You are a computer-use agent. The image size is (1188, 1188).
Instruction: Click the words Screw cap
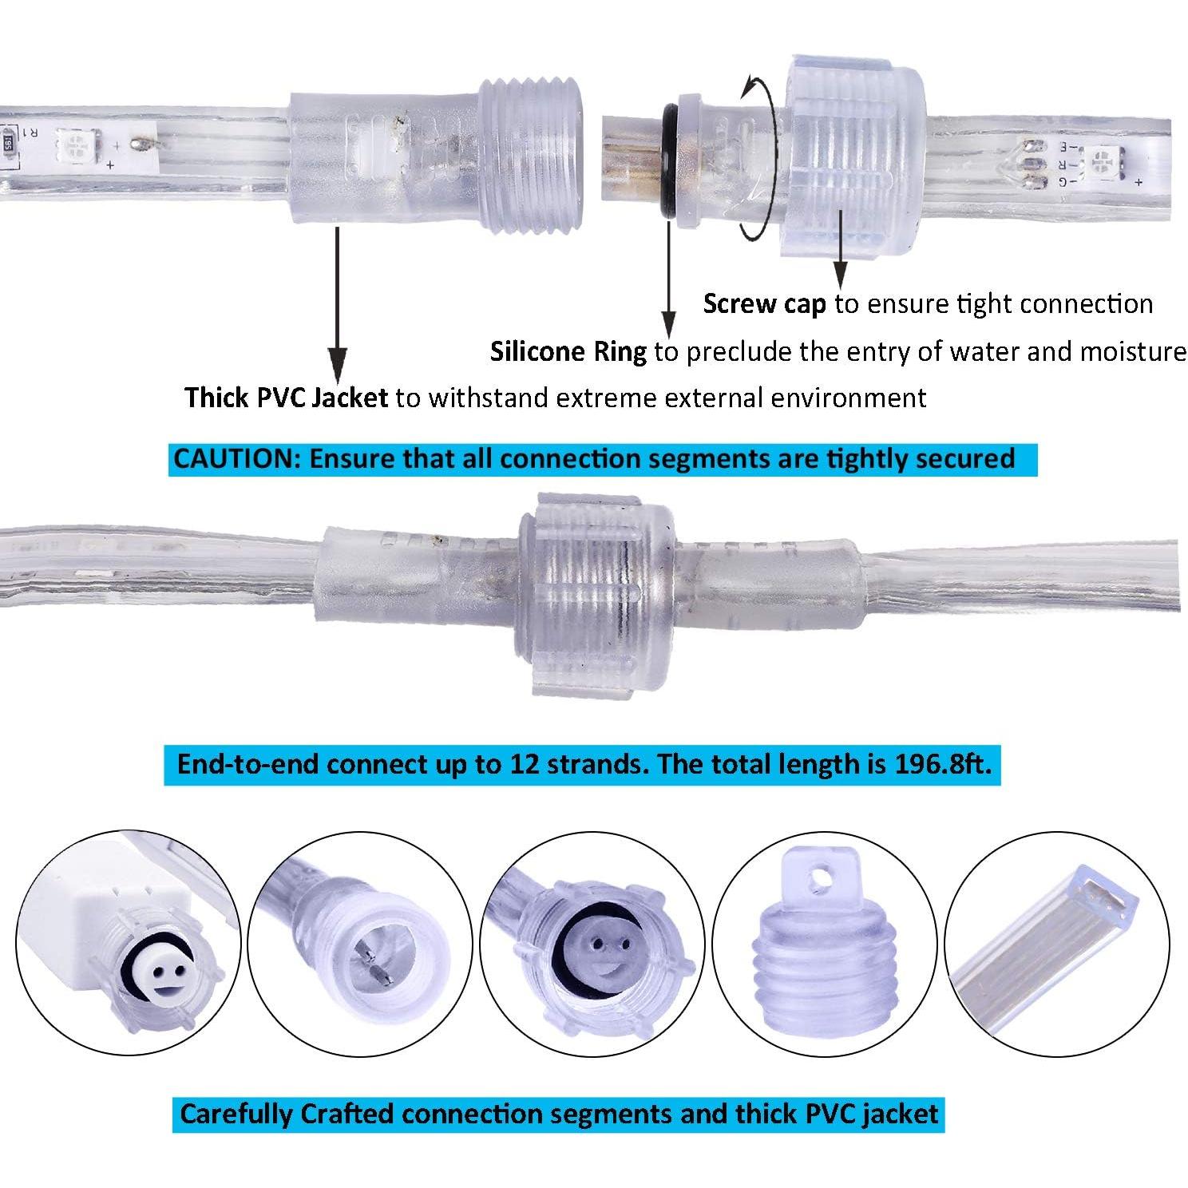(x=764, y=304)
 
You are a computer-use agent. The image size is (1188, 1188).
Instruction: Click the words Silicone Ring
(x=568, y=351)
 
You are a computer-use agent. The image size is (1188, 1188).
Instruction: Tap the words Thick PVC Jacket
(x=286, y=397)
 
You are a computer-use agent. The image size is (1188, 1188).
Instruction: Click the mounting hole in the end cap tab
(x=815, y=879)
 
